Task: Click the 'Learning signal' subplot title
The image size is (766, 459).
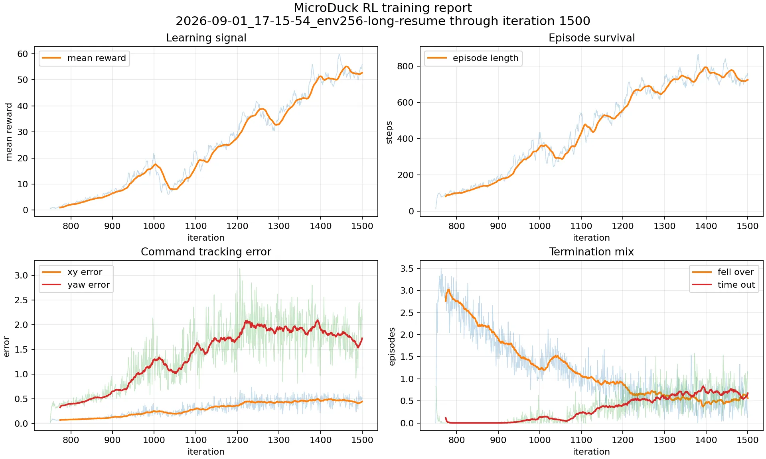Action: [x=206, y=38]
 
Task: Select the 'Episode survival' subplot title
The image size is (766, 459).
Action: [x=591, y=38]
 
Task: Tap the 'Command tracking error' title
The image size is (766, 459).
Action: [x=206, y=252]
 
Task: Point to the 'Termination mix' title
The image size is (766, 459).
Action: [x=591, y=252]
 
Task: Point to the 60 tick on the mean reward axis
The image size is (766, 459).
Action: [x=23, y=54]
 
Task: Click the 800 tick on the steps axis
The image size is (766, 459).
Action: [x=405, y=66]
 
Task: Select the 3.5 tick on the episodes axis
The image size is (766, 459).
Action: [x=407, y=269]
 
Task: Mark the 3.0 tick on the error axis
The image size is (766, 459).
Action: [x=22, y=275]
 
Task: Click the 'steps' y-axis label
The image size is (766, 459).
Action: [x=389, y=132]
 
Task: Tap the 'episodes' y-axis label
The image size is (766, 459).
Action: [x=392, y=347]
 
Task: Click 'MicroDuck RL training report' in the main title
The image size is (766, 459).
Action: [x=383, y=8]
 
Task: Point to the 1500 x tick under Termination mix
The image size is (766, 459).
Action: [x=748, y=440]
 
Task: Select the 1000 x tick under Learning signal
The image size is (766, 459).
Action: [x=154, y=226]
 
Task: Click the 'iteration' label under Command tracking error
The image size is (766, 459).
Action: [x=206, y=452]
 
